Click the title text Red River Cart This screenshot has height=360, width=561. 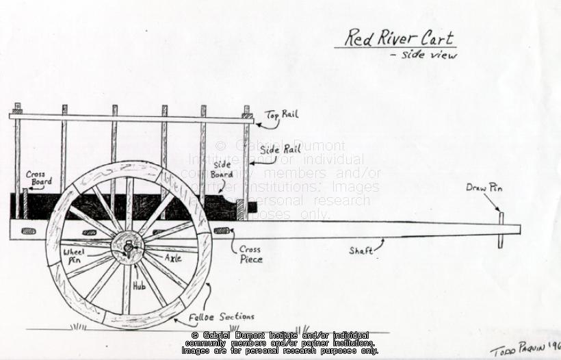pos(398,38)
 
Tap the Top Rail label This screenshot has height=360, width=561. pos(282,114)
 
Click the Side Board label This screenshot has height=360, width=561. pos(222,170)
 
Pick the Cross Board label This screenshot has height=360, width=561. pos(36,178)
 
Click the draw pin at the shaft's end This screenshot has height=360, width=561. pos(501,229)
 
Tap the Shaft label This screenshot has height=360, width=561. pos(361,251)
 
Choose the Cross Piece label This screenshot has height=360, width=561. pos(250,255)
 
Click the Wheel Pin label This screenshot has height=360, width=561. pos(74,255)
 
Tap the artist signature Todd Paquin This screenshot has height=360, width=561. pos(524,347)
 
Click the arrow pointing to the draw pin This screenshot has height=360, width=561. pos(493,203)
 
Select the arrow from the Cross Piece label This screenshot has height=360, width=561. pos(233,237)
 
